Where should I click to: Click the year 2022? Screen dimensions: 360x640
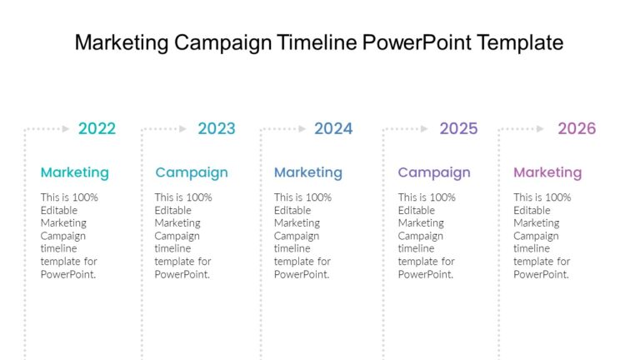(97, 128)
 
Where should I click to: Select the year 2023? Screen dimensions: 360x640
(216, 128)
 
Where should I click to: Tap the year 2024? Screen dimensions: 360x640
(333, 128)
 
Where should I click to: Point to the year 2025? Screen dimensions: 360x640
(458, 128)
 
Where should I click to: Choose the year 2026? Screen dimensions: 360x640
(577, 128)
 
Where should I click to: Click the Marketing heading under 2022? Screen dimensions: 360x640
(74, 172)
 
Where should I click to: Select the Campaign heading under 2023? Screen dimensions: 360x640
(191, 172)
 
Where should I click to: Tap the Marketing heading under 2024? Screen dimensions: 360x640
(307, 172)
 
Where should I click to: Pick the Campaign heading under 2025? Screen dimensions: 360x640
(433, 172)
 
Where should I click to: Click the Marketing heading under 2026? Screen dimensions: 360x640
(547, 172)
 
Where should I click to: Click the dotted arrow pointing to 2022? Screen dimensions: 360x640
(48, 129)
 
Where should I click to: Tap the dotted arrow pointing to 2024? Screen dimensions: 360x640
(284, 129)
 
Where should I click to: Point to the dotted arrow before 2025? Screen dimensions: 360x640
(407, 129)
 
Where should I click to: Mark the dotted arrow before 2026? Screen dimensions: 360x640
(523, 129)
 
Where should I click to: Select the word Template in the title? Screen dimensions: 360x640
(520, 42)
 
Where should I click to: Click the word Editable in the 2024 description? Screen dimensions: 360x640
(292, 211)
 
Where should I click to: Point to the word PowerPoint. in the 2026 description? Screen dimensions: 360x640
(541, 274)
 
